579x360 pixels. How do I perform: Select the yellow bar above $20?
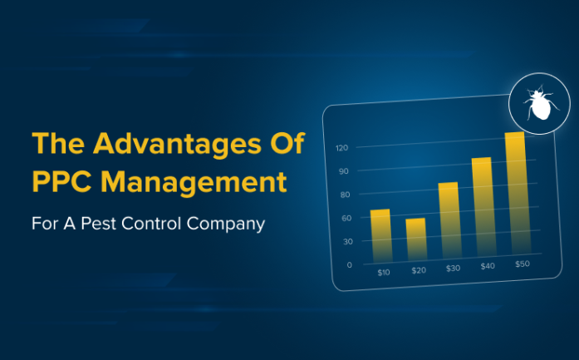pyautogui.click(x=415, y=239)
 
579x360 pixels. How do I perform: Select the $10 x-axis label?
pyautogui.click(x=384, y=272)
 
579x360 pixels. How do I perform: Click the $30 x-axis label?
pyautogui.click(x=453, y=269)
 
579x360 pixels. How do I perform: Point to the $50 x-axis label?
pyautogui.click(x=522, y=264)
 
